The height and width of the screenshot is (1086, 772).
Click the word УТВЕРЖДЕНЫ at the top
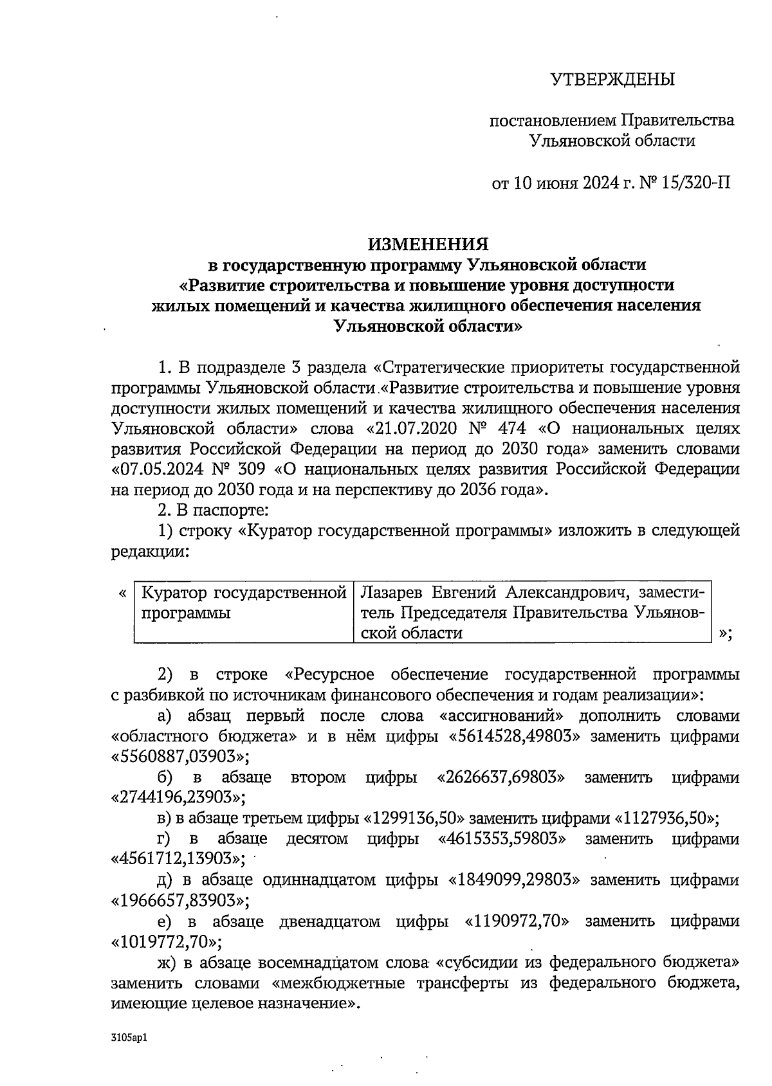[x=612, y=80]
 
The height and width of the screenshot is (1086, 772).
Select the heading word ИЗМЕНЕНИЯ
[x=428, y=244]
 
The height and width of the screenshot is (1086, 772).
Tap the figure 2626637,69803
[x=501, y=777]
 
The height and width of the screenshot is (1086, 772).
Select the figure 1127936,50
[x=666, y=819]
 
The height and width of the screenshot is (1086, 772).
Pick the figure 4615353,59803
[x=502, y=838]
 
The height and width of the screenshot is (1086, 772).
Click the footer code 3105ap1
[x=129, y=1038]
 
